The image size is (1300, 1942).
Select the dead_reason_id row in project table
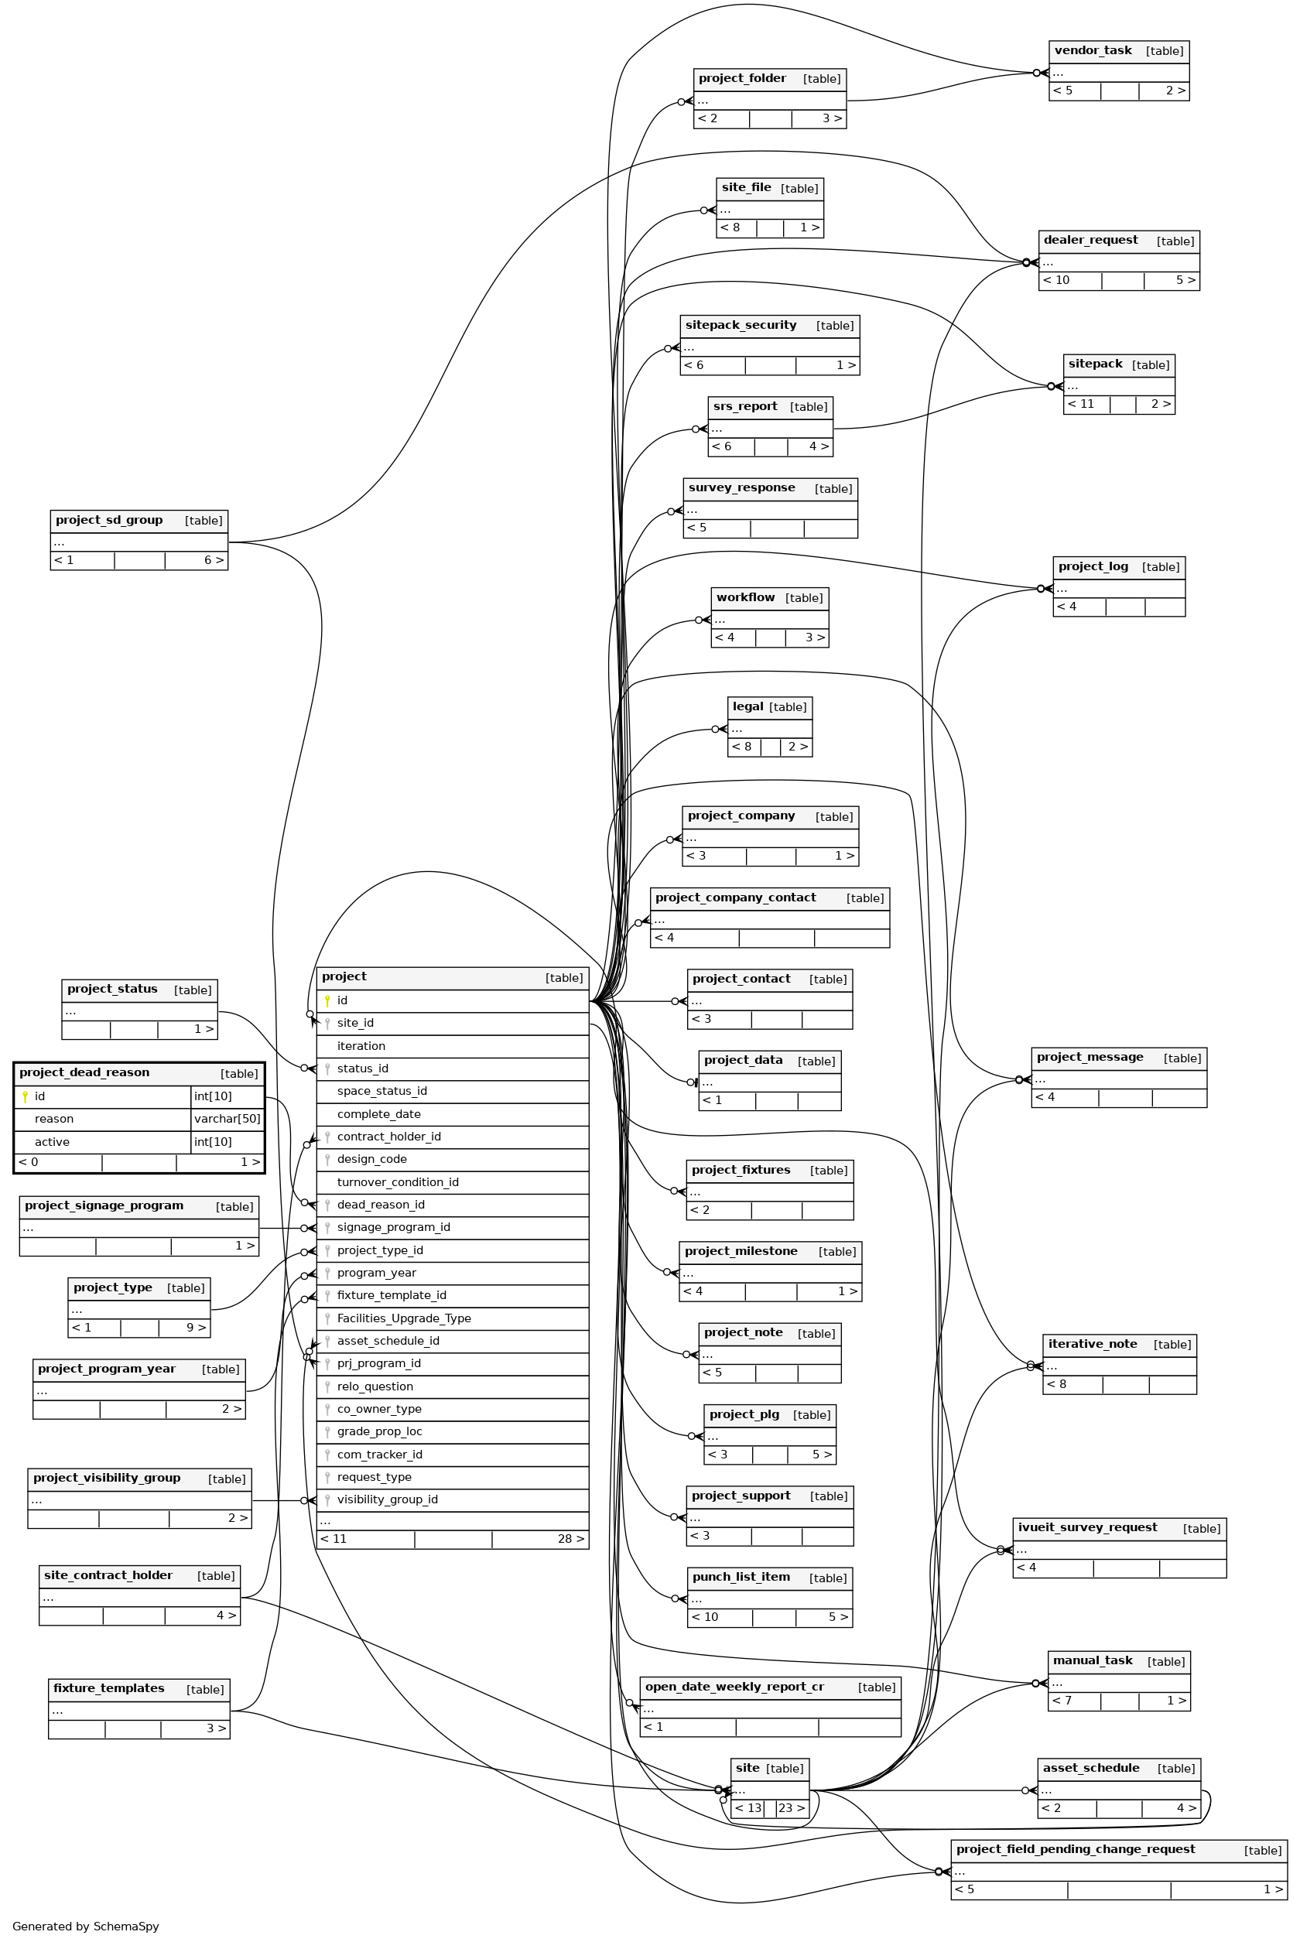(x=381, y=1205)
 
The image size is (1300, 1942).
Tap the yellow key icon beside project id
(x=327, y=1000)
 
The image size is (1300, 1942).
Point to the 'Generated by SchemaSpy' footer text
(x=85, y=1927)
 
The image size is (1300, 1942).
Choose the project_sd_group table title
(x=109, y=521)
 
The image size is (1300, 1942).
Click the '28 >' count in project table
(x=570, y=1539)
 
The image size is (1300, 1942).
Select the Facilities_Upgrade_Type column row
(x=404, y=1318)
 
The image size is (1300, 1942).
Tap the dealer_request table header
(x=1090, y=241)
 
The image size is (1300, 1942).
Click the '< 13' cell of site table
(x=747, y=1807)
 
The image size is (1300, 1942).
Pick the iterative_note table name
(x=1092, y=1344)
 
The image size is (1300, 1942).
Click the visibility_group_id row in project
(x=387, y=1499)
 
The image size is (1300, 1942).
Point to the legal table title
(x=747, y=706)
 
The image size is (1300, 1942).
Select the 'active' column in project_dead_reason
(x=53, y=1142)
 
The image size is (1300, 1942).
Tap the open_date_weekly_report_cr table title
(x=734, y=1687)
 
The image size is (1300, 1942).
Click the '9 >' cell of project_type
(x=196, y=1328)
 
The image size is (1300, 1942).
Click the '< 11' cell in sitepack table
(x=1081, y=405)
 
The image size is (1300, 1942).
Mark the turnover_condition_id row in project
(x=397, y=1182)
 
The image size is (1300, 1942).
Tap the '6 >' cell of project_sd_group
(x=214, y=560)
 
